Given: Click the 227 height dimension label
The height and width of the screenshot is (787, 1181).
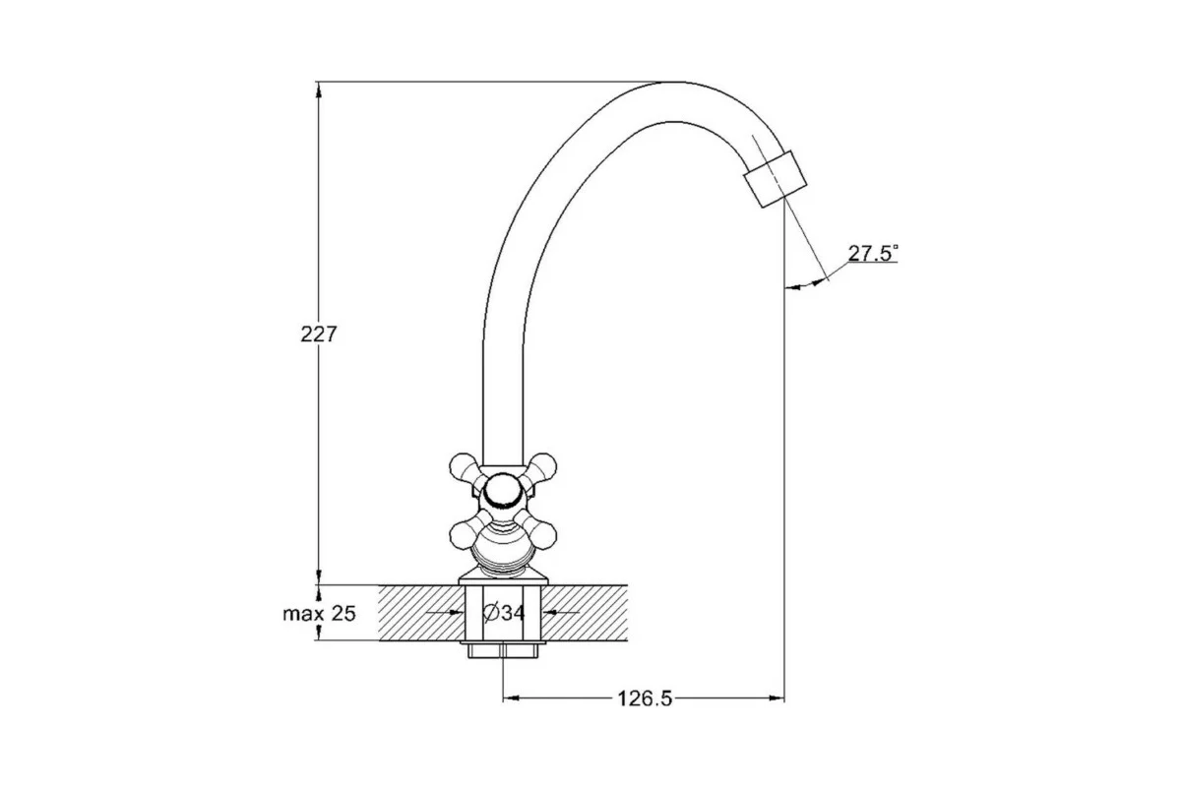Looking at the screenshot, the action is click(319, 334).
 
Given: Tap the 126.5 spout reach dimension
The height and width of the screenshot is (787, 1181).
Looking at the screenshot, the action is click(645, 699).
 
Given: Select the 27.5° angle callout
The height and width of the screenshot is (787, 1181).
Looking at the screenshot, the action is click(873, 253).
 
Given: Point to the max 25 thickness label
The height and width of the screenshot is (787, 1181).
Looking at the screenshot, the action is click(320, 614).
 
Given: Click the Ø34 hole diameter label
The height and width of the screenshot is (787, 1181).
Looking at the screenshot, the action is click(504, 613).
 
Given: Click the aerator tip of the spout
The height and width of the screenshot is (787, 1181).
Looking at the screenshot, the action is click(776, 179).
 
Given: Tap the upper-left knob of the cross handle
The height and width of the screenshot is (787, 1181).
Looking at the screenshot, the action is click(464, 467).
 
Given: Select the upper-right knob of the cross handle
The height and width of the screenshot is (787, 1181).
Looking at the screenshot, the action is click(542, 467).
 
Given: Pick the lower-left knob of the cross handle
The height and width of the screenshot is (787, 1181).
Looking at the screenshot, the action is click(464, 534).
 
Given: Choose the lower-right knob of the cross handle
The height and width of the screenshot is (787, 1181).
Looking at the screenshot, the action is click(542, 534).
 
